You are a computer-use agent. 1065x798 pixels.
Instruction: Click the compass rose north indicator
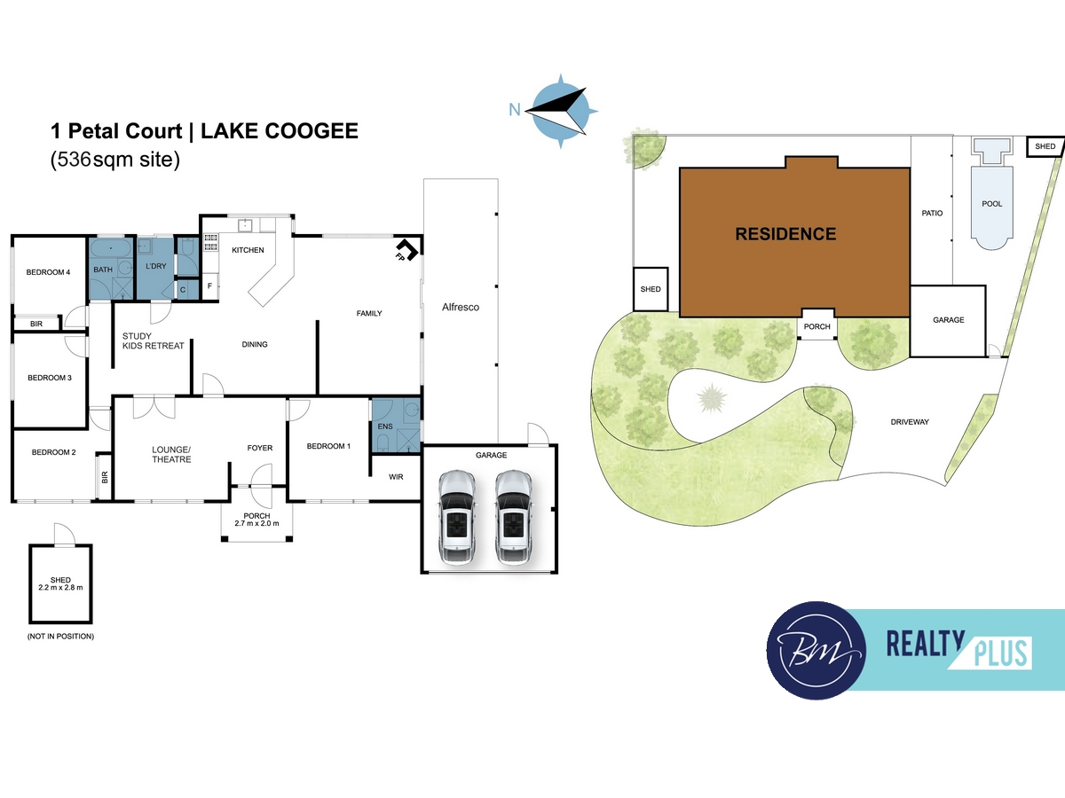coord(560,111)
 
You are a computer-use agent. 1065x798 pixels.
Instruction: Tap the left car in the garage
coord(457,518)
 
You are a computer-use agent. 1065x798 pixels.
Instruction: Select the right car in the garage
coord(513,518)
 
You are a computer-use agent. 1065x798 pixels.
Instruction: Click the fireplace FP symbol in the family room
coord(406,249)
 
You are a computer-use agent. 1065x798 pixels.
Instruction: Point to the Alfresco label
coord(461,307)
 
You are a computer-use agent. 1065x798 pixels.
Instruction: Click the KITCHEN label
coord(248,250)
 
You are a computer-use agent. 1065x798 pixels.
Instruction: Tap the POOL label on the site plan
coord(991,204)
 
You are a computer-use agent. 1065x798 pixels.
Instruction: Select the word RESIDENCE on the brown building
coord(785,234)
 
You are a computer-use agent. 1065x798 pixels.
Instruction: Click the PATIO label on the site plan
coord(932,213)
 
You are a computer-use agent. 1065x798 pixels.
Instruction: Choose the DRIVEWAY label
coord(910,422)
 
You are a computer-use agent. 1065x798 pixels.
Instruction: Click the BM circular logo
coord(816,650)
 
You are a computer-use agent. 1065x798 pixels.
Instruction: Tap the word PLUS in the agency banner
coord(1000,653)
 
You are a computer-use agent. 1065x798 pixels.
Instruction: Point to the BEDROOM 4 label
coord(48,272)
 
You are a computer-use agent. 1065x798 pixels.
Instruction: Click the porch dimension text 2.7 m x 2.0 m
coord(256,523)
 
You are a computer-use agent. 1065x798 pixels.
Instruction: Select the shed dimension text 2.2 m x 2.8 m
coord(60,588)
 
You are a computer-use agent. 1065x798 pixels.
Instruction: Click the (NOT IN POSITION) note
coord(60,636)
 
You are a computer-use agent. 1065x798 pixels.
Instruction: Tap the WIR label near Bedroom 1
coord(396,477)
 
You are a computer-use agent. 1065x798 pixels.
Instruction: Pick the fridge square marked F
coord(210,286)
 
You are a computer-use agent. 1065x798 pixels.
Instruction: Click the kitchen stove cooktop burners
coord(210,242)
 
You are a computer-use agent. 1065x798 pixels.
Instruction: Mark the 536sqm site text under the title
coord(115,160)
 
